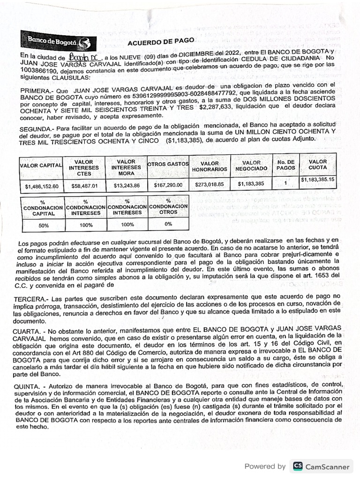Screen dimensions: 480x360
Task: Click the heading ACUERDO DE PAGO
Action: (x=160, y=42)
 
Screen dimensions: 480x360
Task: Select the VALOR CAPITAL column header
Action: (x=41, y=165)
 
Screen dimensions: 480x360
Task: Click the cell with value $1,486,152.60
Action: (x=42, y=187)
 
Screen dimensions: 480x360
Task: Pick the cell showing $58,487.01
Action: (x=83, y=186)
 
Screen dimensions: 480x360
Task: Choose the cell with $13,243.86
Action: (x=127, y=186)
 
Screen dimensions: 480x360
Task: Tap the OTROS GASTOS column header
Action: (x=168, y=165)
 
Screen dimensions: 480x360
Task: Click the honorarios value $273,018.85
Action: (x=209, y=185)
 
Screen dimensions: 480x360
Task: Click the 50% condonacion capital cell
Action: (x=44, y=225)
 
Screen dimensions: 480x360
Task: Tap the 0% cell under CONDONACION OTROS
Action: (x=168, y=224)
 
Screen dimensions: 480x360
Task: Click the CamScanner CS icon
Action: (x=297, y=466)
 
